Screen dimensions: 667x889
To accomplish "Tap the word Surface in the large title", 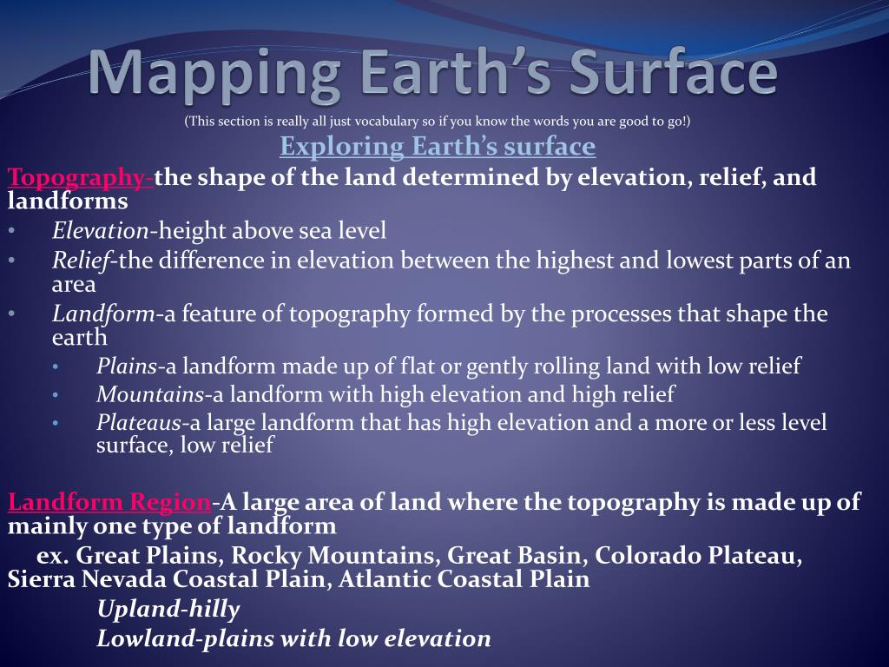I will (674, 74).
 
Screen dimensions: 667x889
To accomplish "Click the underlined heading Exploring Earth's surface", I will (438, 146).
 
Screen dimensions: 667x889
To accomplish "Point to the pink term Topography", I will (79, 177).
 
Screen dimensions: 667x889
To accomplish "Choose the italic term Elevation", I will (100, 230).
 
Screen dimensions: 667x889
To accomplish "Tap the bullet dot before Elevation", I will (11, 231).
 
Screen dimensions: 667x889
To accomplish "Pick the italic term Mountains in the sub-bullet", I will (150, 394).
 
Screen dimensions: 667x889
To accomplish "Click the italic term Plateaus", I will (139, 423).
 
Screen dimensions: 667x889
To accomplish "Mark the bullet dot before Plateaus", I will (56, 424).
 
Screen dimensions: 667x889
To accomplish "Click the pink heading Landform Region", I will (109, 501).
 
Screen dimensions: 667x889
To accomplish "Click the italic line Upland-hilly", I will (168, 610).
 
